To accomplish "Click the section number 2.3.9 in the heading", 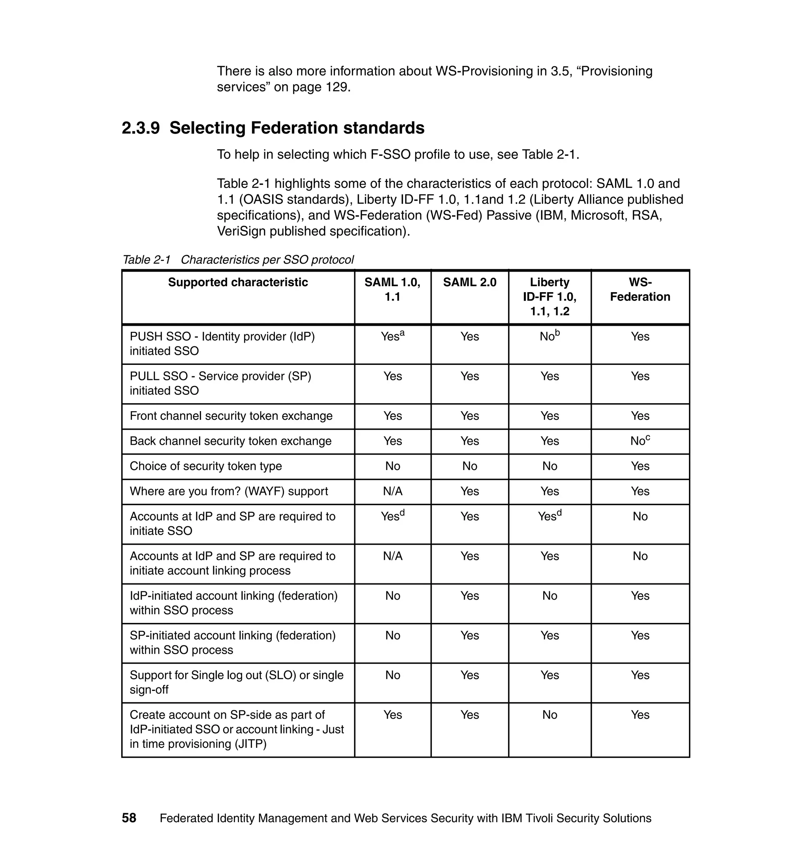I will coord(141,128).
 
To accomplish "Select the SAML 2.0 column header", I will coord(469,282).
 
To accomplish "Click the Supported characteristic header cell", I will coord(238,282).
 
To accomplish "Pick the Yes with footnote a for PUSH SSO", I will coord(392,336).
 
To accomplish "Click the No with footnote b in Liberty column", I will coord(549,336).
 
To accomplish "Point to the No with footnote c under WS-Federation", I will coord(640,441).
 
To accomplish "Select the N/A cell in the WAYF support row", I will coord(392,491).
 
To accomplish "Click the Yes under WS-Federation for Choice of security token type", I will coord(640,466).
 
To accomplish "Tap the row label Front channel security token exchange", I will coord(231,416).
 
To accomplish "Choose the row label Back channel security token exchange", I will coord(231,441).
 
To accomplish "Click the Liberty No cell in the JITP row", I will coord(549,715).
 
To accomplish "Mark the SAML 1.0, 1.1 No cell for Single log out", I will coord(392,675).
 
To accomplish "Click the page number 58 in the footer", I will coord(129,818).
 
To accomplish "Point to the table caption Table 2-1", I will coord(147,260).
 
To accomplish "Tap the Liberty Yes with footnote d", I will coord(549,516).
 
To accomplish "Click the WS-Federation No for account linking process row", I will coord(640,556).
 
